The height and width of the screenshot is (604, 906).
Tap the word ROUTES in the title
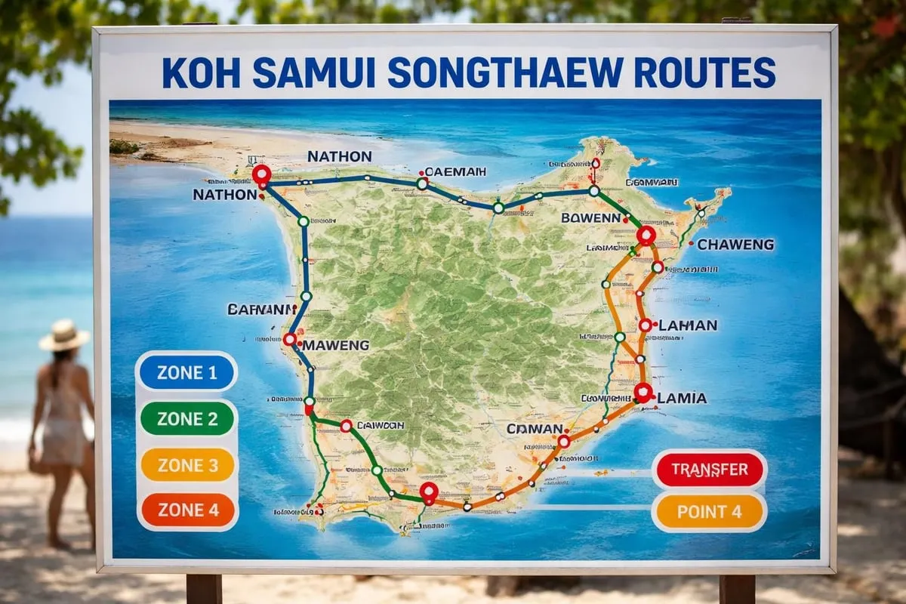tap(704, 72)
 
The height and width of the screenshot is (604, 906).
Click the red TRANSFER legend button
tap(709, 470)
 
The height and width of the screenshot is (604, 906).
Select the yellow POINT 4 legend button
tap(709, 512)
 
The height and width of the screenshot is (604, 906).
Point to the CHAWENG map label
tap(735, 245)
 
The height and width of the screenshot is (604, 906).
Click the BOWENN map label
tap(590, 217)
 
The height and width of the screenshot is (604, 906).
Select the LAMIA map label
tap(682, 398)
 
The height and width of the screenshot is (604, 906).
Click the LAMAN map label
tap(687, 325)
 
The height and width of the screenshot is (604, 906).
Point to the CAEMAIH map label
tap(455, 171)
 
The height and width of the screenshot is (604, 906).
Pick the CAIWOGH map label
tap(380, 425)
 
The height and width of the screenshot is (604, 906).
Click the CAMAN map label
tap(535, 429)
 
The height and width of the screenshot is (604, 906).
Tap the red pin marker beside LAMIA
tap(643, 392)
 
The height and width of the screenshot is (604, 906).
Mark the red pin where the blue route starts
tap(261, 175)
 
